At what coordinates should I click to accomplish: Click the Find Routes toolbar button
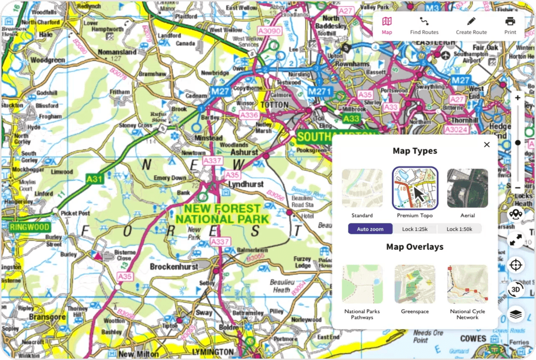pos(424,25)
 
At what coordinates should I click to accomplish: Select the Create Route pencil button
pos(471,25)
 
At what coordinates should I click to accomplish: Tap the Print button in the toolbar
pos(510,25)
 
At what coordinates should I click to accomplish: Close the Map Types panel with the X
pos(486,144)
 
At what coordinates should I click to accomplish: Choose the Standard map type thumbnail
pos(362,188)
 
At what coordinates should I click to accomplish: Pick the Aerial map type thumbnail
pos(467,188)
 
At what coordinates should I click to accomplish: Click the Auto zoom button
pos(370,229)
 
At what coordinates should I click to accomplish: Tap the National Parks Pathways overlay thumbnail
pos(362,284)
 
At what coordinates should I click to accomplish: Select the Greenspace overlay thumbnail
pos(414,284)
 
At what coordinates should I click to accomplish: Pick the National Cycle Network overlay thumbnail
pos(467,284)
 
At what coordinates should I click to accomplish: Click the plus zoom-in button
pos(518,98)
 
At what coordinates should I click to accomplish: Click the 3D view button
pos(516,289)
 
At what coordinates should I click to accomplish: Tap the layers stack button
pos(516,314)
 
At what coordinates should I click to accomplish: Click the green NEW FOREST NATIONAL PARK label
pos(222,214)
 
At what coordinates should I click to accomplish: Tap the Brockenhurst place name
pos(174,267)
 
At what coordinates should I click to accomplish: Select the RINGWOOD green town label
pos(30,227)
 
